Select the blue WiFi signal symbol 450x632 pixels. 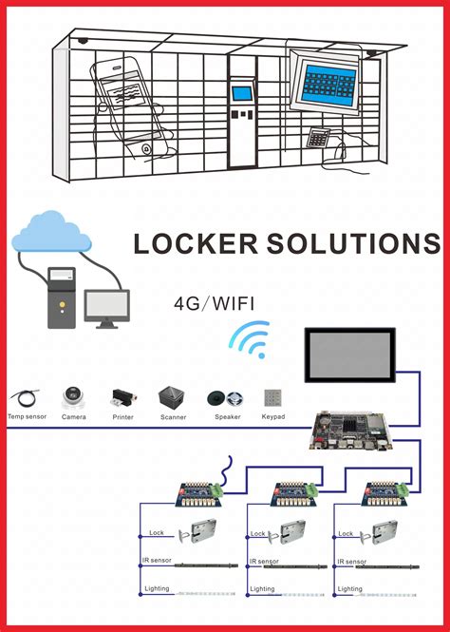[x=250, y=338]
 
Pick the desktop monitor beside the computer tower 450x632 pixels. [x=106, y=307]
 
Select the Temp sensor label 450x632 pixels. [x=26, y=416]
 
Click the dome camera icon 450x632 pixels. [x=73, y=397]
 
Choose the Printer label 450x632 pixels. [x=122, y=416]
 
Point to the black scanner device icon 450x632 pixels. [x=172, y=396]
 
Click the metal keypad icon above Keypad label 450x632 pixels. [x=273, y=396]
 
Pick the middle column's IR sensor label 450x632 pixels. [x=266, y=562]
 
